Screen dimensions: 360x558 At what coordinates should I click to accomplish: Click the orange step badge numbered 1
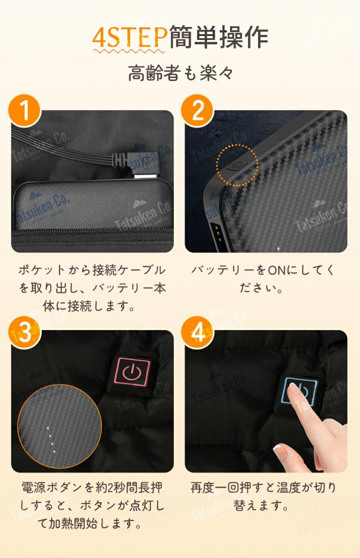pyautogui.click(x=25, y=110)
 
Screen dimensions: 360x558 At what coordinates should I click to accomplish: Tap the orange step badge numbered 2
pyautogui.click(x=197, y=110)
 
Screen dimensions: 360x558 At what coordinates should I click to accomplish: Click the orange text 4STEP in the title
pyautogui.click(x=129, y=37)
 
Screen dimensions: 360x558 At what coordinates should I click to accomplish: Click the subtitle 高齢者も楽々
pyautogui.click(x=181, y=73)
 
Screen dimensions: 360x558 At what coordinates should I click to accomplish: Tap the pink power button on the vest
pyautogui.click(x=132, y=371)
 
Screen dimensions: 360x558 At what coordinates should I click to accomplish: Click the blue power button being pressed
pyautogui.click(x=298, y=391)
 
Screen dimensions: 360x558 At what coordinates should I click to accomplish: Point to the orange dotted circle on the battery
pyautogui.click(x=237, y=165)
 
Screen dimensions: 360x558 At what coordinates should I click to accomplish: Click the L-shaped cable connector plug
pyautogui.click(x=137, y=165)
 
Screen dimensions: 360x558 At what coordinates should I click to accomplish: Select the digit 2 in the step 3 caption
pyautogui.click(x=111, y=488)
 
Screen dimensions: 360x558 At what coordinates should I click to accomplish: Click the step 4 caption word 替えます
pyautogui.click(x=261, y=505)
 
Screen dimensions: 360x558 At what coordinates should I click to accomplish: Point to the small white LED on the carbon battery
pyautogui.click(x=278, y=248)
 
